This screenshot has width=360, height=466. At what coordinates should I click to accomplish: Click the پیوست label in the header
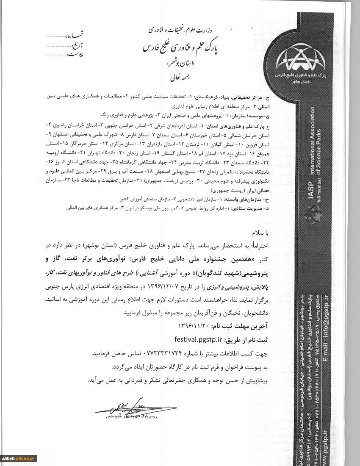pyautogui.click(x=75, y=54)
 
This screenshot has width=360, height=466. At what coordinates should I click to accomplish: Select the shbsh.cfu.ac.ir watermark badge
pyautogui.click(x=19, y=458)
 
